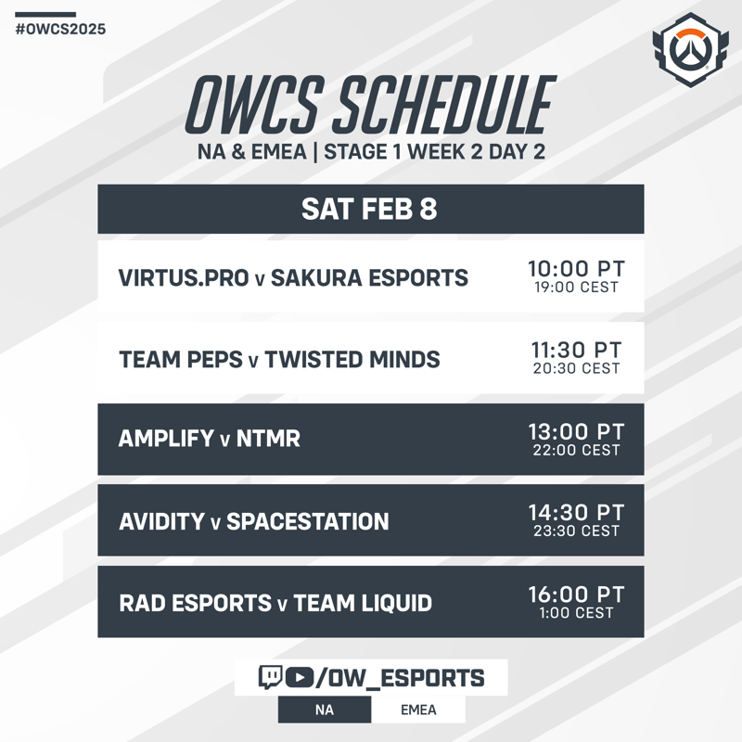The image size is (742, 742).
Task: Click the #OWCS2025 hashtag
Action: (x=60, y=30)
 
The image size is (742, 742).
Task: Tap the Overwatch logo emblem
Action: (x=690, y=50)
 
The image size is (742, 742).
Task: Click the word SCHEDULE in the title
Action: (x=444, y=105)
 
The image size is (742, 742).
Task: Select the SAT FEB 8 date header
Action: (x=370, y=210)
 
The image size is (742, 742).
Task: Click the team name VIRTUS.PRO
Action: (x=184, y=277)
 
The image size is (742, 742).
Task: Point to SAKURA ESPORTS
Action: (x=369, y=277)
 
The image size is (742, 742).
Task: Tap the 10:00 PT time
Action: (x=576, y=268)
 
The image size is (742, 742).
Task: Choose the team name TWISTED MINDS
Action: (x=352, y=359)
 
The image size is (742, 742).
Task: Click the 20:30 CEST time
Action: (x=576, y=368)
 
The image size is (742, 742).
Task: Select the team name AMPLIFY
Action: (x=167, y=438)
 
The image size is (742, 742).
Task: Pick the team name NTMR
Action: (x=268, y=438)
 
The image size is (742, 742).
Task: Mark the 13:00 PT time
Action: (x=576, y=431)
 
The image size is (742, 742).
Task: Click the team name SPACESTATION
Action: (x=308, y=521)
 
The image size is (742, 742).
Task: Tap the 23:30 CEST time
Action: (x=576, y=531)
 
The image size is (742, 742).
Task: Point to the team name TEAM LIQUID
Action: (x=363, y=603)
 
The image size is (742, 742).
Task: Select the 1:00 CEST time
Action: (x=576, y=613)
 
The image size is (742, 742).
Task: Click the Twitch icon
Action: (x=270, y=677)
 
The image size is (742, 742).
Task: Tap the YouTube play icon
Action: (x=299, y=677)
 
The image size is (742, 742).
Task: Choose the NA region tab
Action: (x=325, y=710)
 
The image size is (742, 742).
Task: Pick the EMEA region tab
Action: (x=418, y=710)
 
